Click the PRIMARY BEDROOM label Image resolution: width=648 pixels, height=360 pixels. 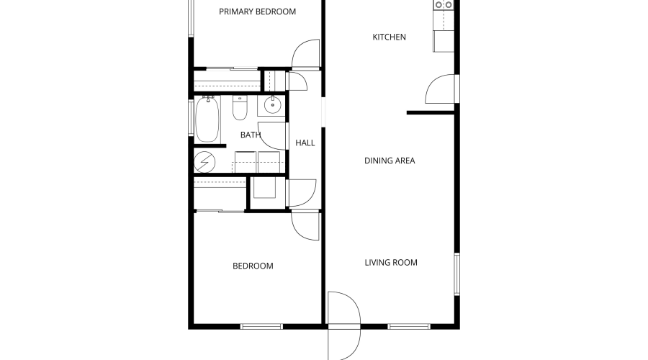click(x=257, y=12)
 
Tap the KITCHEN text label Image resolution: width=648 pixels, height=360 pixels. click(x=389, y=37)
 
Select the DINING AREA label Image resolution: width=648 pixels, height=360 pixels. click(x=390, y=161)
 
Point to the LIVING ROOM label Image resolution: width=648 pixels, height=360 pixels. click(x=391, y=263)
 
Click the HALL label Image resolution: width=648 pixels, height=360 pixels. click(x=305, y=143)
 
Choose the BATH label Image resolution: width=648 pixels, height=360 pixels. click(x=251, y=135)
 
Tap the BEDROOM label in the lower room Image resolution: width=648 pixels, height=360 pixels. click(x=253, y=266)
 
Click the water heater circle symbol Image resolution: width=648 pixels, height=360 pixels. click(x=204, y=162)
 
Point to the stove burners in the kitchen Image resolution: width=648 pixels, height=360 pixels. click(x=443, y=5)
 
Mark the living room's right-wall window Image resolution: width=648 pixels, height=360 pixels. click(x=456, y=274)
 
